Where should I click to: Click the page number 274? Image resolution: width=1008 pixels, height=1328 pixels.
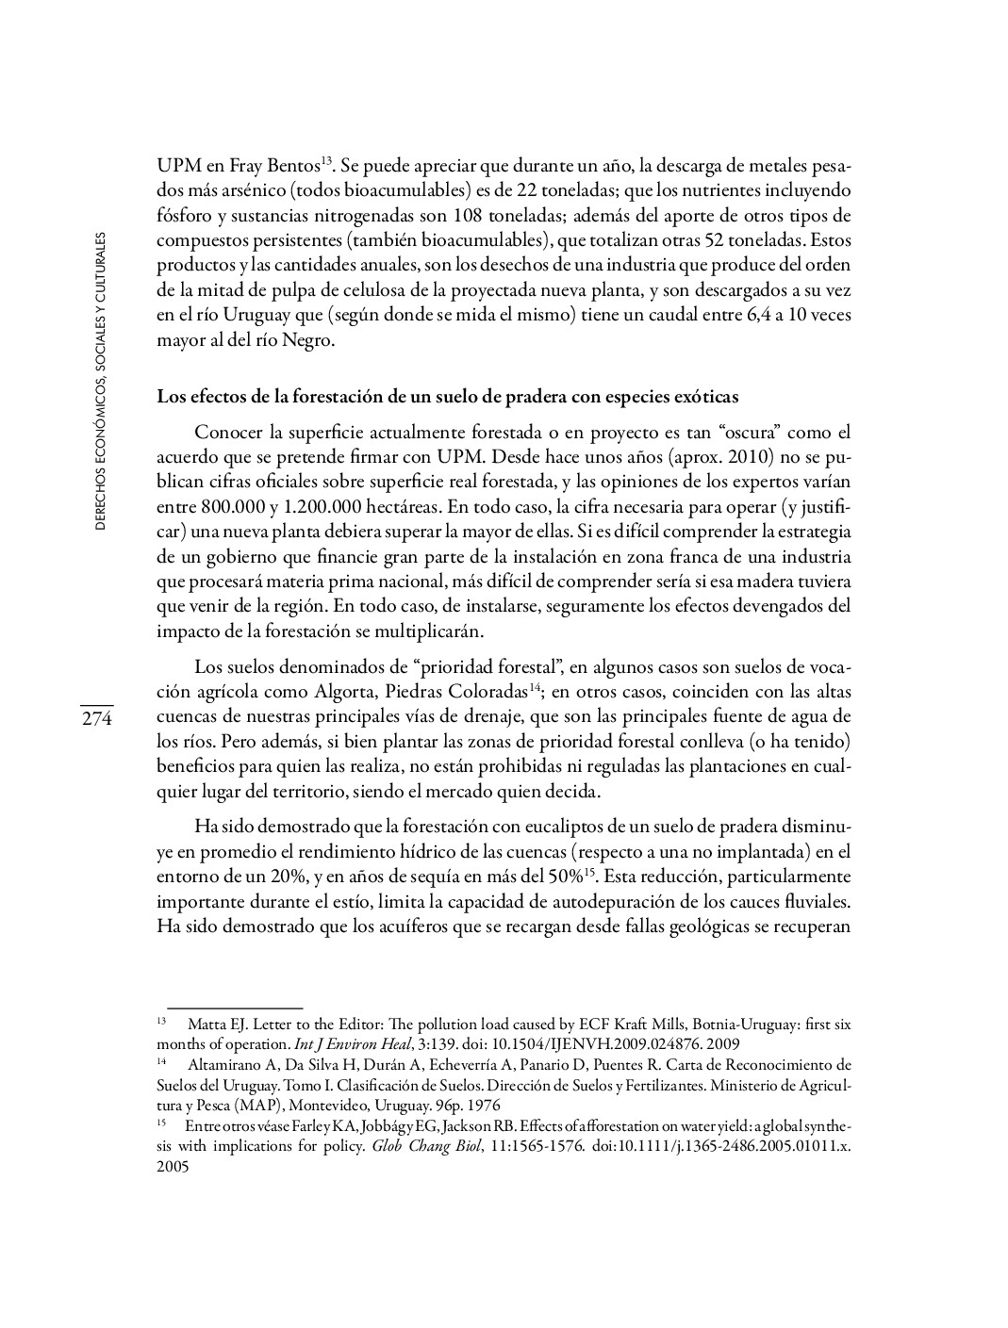tap(95, 719)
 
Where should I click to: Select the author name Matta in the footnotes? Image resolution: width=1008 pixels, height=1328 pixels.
tap(205, 1024)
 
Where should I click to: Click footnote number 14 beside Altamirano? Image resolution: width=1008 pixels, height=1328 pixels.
tap(161, 1062)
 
